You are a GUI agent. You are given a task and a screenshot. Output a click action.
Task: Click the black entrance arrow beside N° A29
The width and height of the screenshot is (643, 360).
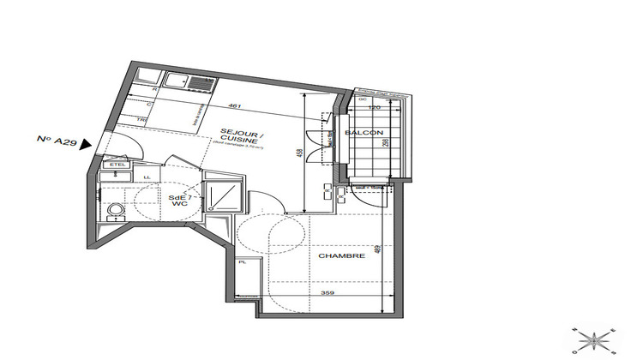tap(84, 144)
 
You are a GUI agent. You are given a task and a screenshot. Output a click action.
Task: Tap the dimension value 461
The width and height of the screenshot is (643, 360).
tap(236, 106)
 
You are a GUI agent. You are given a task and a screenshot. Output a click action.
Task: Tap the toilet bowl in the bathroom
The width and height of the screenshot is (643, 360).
tap(114, 208)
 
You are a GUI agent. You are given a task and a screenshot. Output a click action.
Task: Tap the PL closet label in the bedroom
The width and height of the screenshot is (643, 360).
tap(243, 262)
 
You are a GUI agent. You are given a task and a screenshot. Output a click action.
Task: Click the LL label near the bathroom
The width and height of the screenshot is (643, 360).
tap(147, 177)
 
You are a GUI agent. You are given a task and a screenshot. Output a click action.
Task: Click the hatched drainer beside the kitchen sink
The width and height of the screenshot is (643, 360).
tap(201, 82)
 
